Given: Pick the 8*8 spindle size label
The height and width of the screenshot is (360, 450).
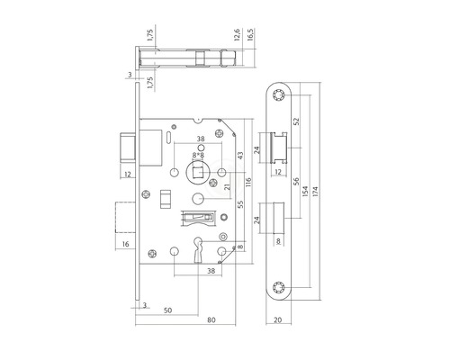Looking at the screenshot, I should [198, 155].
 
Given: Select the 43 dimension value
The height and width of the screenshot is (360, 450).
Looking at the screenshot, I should [238, 155].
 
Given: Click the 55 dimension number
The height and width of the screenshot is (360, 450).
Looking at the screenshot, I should [238, 205].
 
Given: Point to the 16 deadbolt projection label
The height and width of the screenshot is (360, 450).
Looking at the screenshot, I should [124, 245].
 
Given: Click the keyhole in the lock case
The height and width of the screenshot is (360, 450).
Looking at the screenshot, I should [197, 248].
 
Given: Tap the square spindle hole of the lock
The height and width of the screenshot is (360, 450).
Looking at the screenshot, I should [197, 171].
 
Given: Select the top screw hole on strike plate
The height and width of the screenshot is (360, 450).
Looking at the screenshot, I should [275, 95].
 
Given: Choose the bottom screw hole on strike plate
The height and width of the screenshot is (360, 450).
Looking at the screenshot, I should [275, 288].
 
